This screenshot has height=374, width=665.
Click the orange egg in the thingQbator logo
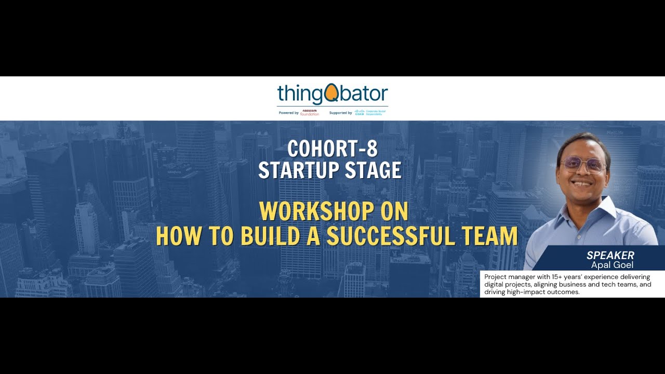(x=331, y=94)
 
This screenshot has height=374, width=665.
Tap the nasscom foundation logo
(x=310, y=112)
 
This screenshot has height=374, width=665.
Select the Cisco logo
(x=360, y=112)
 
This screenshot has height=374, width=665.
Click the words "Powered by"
(x=288, y=113)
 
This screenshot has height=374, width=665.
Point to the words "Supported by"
(x=340, y=113)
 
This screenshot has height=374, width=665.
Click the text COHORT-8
(x=332, y=149)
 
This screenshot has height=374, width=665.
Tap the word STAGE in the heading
(x=375, y=170)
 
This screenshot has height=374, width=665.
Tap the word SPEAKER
(x=610, y=255)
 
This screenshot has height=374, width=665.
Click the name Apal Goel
(x=612, y=265)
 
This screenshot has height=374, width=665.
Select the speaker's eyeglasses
(x=583, y=165)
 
